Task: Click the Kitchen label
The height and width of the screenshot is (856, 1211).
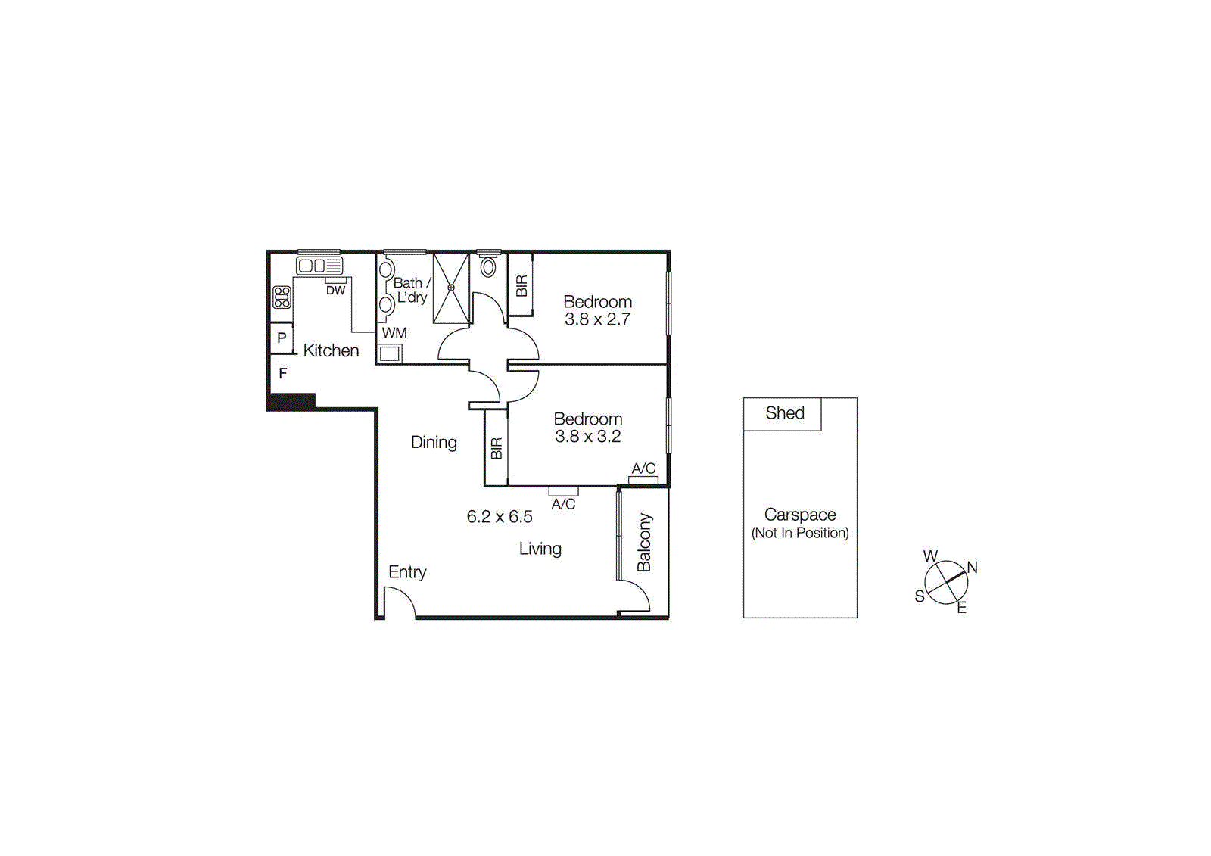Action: (331, 350)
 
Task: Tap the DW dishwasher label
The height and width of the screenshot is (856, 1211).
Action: (335, 291)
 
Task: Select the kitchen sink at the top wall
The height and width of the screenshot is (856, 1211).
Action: (319, 266)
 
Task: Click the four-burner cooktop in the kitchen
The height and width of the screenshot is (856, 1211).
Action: (282, 297)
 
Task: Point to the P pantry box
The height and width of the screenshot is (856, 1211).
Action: (282, 338)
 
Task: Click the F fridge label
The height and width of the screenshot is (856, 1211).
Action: (282, 373)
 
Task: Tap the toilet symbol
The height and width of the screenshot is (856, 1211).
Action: (488, 266)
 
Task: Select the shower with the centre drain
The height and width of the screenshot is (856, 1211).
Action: (450, 288)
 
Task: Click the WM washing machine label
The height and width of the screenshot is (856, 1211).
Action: (394, 333)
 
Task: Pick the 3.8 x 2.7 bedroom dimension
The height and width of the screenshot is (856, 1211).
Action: (597, 319)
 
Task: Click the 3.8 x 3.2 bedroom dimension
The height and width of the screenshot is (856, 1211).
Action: (587, 437)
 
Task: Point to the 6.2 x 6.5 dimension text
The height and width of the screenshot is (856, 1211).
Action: (500, 517)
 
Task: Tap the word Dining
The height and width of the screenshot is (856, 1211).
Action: (434, 442)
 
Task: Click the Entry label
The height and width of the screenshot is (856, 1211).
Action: (407, 572)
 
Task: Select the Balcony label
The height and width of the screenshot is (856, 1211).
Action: (644, 542)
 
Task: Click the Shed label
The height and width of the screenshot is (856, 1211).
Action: (784, 413)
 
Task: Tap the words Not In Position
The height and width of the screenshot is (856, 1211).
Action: (800, 533)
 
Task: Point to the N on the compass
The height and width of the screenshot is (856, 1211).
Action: (972, 568)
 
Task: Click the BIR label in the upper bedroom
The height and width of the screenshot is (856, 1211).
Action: (521, 286)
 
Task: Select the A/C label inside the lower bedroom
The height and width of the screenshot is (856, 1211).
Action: (643, 468)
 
